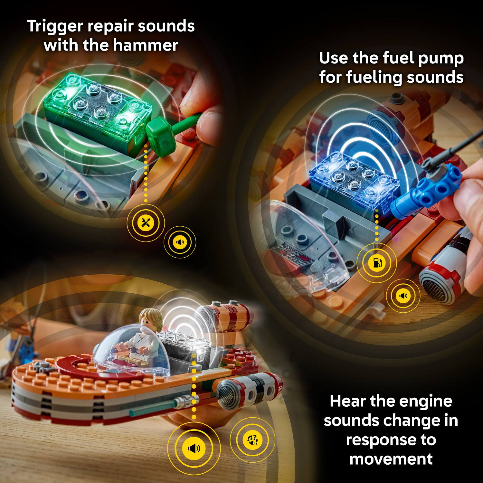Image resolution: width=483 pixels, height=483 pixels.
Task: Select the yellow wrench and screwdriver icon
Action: [146, 223]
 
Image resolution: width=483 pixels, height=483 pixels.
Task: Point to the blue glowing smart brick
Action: [356, 180]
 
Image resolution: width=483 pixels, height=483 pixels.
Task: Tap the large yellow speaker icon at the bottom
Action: [194, 448]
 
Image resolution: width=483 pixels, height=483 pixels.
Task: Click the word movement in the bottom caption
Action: [391, 459]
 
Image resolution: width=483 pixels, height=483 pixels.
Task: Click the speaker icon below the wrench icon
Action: [180, 242]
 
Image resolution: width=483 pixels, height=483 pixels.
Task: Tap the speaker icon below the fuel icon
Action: [403, 295]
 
